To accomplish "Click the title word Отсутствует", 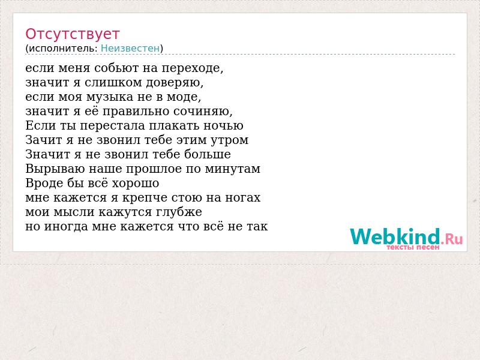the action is (72, 34).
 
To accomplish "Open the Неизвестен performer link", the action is (130, 49).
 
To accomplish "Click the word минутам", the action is (232, 169).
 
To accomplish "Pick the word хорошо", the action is (136, 184).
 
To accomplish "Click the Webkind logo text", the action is (406, 236).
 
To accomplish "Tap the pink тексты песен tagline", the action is (413, 247).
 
